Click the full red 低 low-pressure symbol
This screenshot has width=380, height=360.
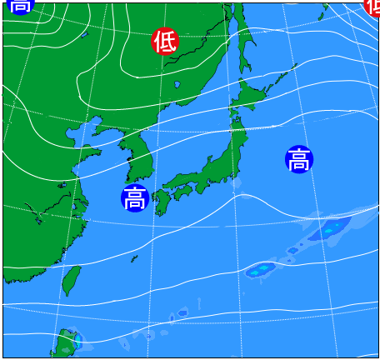(x=165, y=41)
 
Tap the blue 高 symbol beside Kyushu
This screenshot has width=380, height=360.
(x=134, y=197)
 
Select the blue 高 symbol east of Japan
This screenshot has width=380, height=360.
(x=298, y=159)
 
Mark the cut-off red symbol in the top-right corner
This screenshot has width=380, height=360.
(x=372, y=5)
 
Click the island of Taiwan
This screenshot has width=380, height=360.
(x=72, y=280)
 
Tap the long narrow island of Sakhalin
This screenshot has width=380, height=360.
(x=241, y=42)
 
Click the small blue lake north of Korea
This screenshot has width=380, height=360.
(x=177, y=84)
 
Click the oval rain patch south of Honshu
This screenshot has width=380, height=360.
(x=262, y=269)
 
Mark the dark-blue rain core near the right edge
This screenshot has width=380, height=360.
(x=333, y=227)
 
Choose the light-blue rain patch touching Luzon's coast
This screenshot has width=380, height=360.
(x=77, y=340)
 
